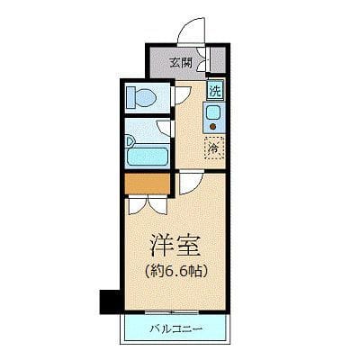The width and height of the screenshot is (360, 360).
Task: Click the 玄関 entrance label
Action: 180,63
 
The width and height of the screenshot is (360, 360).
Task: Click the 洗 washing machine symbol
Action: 214,90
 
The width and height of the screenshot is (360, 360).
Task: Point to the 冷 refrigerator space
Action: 214,146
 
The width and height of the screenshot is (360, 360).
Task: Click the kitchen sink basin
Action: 213,112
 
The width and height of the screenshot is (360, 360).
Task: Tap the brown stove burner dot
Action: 213,127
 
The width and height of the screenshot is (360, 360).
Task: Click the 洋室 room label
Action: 174,246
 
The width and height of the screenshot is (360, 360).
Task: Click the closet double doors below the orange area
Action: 146,202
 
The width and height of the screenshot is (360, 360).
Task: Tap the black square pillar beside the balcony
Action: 107,300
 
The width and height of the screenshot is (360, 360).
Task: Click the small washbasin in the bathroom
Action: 131,139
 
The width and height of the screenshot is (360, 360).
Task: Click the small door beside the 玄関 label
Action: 206,63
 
